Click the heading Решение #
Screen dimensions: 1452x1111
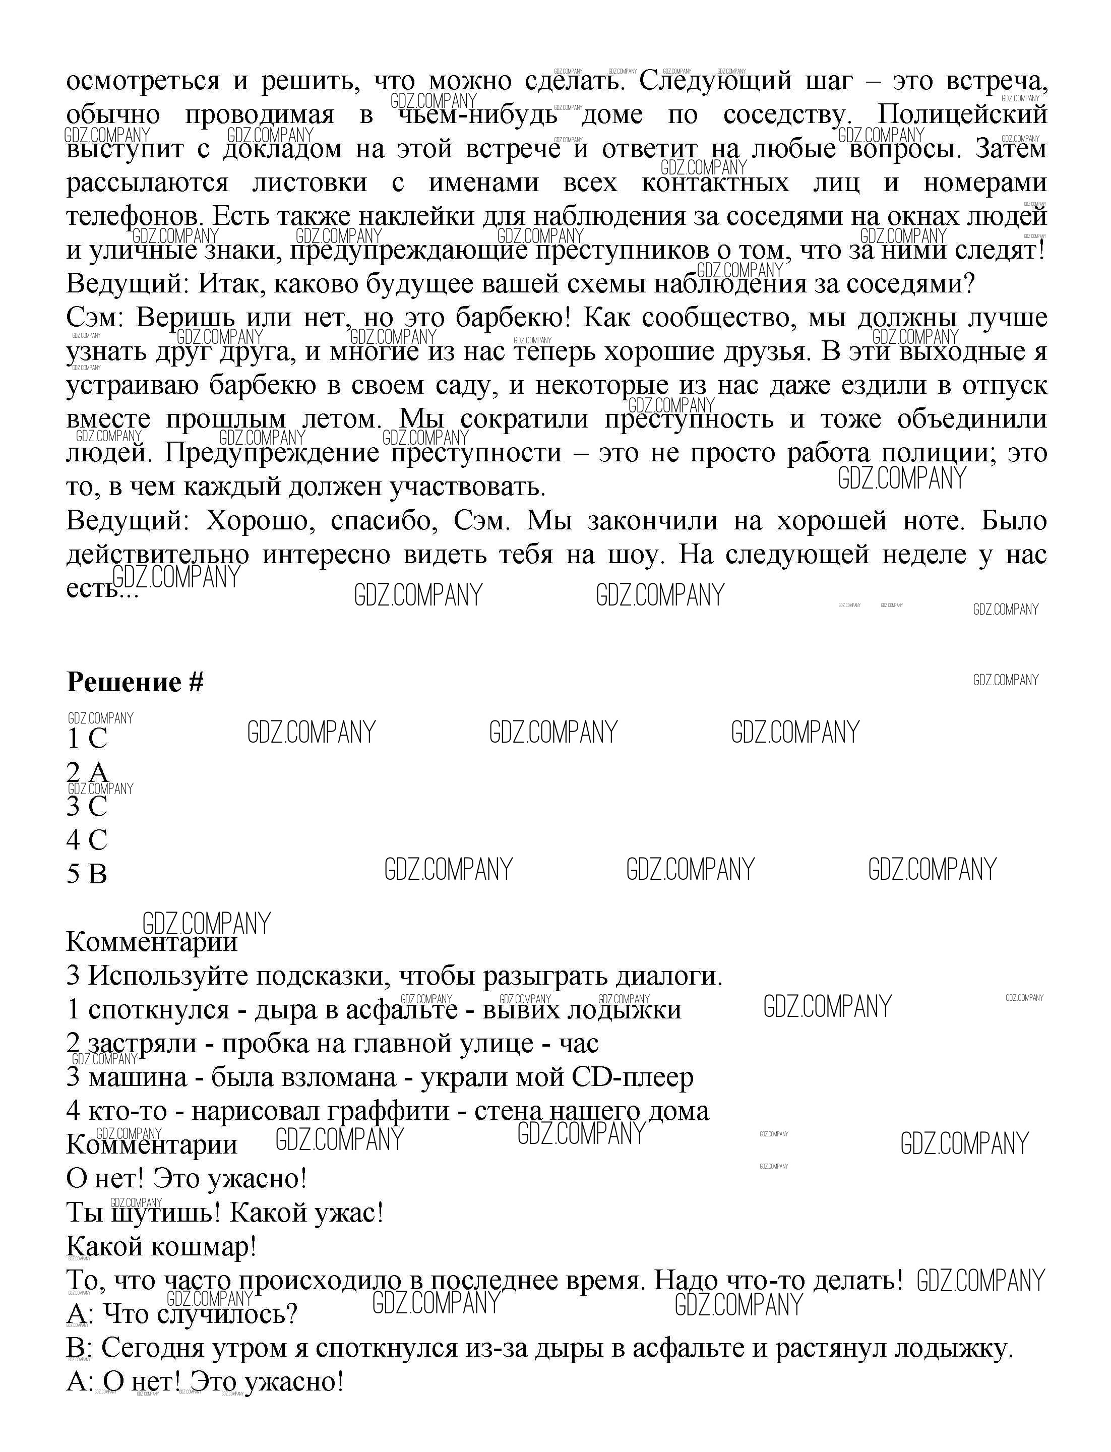click(x=135, y=682)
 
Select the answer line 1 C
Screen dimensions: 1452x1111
click(x=87, y=738)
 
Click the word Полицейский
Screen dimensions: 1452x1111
click(x=962, y=115)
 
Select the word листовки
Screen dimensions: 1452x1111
click(x=310, y=183)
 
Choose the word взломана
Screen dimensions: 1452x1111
click(x=337, y=1077)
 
